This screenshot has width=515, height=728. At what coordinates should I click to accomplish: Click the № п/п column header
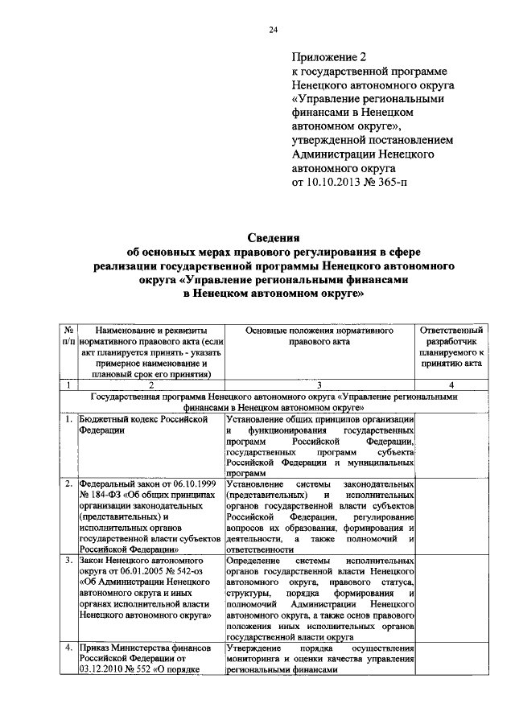[x=69, y=336]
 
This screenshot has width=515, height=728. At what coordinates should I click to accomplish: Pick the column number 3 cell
[x=319, y=385]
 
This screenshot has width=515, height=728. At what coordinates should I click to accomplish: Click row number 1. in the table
[x=70, y=420]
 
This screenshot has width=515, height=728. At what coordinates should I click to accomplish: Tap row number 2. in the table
[x=70, y=484]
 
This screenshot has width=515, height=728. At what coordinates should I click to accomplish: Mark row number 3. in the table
[x=70, y=559]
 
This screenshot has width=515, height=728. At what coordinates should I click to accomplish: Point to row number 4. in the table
[x=70, y=647]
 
